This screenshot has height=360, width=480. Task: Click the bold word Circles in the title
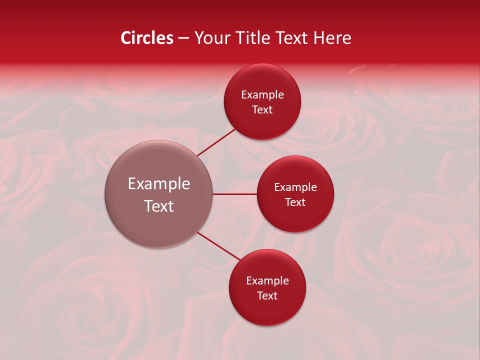tap(146, 38)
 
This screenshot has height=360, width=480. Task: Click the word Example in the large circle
tap(159, 184)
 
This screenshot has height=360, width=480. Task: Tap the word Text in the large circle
tap(159, 206)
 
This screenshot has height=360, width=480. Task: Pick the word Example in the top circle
tap(262, 95)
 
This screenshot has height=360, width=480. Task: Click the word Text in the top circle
tap(262, 110)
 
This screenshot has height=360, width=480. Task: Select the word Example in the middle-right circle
tap(295, 187)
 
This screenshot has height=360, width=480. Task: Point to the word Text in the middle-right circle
tap(295, 202)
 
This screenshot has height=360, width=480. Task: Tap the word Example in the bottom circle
tap(267, 281)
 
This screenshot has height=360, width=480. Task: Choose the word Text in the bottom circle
tap(267, 296)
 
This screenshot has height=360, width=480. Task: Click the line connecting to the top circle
tap(216, 141)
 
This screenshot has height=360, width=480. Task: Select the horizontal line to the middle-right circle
tap(235, 194)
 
